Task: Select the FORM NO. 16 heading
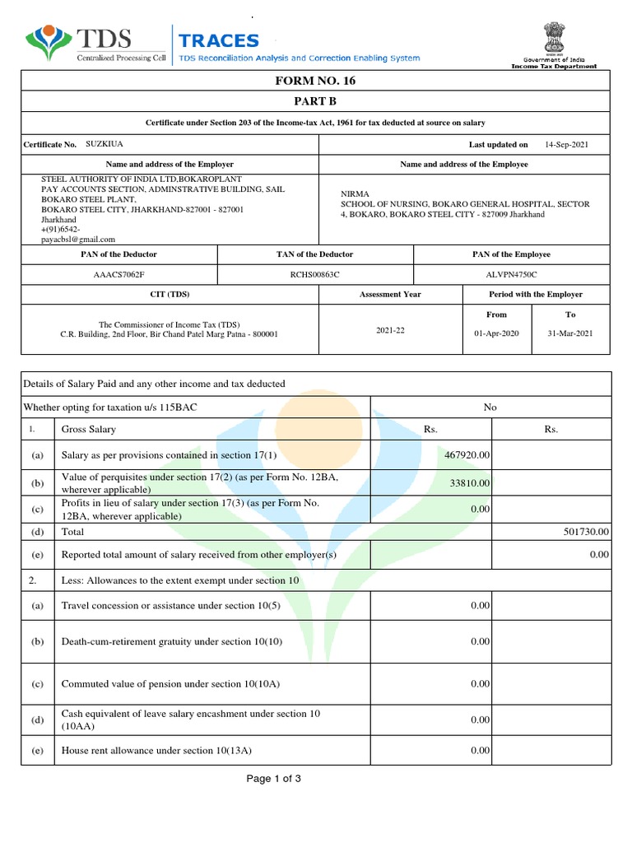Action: (316, 81)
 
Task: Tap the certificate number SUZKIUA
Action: (104, 143)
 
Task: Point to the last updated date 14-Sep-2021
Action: (566, 144)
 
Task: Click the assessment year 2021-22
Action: (391, 329)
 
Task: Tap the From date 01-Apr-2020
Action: (496, 333)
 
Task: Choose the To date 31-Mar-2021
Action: (570, 333)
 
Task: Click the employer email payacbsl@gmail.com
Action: (78, 240)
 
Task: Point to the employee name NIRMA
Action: (355, 194)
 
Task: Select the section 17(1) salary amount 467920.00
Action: (467, 455)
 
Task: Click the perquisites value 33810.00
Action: (469, 483)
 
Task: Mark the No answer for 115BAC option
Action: (490, 407)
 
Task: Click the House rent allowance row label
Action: (156, 751)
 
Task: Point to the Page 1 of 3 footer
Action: (274, 779)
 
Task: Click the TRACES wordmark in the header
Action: (219, 40)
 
